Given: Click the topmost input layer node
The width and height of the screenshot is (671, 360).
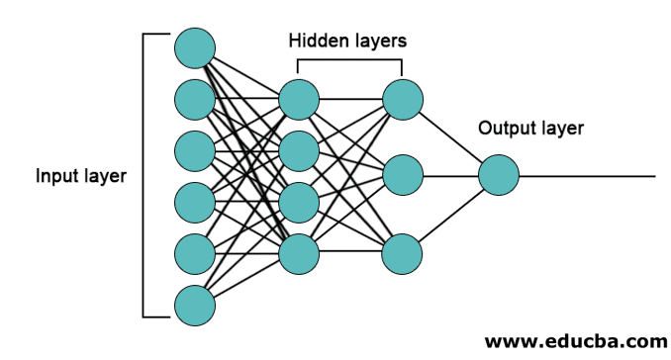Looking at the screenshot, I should tap(195, 47).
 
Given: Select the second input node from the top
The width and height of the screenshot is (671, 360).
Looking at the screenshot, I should tap(195, 99).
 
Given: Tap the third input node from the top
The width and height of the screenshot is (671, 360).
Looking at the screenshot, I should tap(195, 150).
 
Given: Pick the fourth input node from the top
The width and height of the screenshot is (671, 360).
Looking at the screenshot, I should tap(195, 202).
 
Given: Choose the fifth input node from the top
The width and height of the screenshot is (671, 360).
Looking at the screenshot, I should tap(195, 253).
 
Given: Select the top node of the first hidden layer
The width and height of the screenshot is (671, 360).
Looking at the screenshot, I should tap(299, 99).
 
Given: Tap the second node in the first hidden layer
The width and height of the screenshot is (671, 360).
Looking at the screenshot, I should tap(299, 150).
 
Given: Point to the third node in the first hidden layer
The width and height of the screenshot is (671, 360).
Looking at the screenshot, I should tap(299, 202).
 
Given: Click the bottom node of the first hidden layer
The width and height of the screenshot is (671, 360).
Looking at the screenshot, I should tap(299, 253).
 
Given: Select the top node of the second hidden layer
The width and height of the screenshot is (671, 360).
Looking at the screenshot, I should tap(403, 99).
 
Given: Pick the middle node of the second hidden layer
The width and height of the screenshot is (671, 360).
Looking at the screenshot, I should tap(403, 176).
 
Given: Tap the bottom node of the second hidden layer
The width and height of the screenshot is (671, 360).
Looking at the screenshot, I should tap(403, 253).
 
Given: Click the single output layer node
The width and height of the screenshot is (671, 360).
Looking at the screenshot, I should tap(498, 176).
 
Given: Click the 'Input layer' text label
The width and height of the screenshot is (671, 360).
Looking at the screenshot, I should tap(81, 177).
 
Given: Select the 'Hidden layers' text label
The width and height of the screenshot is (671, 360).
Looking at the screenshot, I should tap(347, 41).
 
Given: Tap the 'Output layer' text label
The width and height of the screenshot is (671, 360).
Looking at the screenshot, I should tap(530, 128).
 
